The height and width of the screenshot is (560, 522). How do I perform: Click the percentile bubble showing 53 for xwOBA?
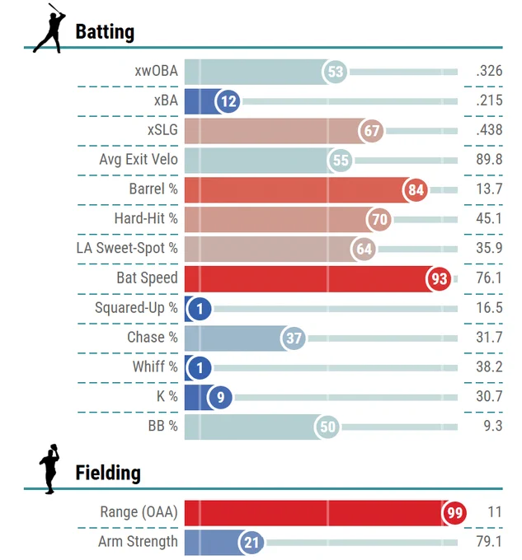pyautogui.click(x=335, y=72)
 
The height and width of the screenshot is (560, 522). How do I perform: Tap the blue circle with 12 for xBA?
pyautogui.click(x=228, y=101)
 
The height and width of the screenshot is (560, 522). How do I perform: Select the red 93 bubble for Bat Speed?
pyautogui.click(x=439, y=278)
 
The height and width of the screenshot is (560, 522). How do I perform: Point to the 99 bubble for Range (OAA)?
pyautogui.click(x=454, y=512)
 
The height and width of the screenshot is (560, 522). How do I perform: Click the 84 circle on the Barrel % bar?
pyautogui.click(x=415, y=189)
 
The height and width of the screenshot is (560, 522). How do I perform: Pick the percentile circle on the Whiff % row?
pyautogui.click(x=199, y=367)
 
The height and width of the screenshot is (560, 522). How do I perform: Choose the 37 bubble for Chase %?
pyautogui.click(x=294, y=338)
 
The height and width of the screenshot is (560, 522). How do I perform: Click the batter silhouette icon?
pyautogui.click(x=49, y=28)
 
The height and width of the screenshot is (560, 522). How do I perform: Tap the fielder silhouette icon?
pyautogui.click(x=49, y=469)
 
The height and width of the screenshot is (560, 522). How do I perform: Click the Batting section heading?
pyautogui.click(x=105, y=32)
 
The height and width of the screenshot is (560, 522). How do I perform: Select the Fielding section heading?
pyautogui.click(x=108, y=473)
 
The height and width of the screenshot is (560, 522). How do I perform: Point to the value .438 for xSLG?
pyautogui.click(x=489, y=129)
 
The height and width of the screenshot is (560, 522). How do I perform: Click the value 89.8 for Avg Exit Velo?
pyautogui.click(x=489, y=159)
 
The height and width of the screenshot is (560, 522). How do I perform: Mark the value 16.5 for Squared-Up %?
pyautogui.click(x=489, y=307)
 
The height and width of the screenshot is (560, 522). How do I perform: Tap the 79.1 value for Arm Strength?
pyautogui.click(x=489, y=541)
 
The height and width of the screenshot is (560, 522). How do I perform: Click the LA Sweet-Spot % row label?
pyautogui.click(x=127, y=248)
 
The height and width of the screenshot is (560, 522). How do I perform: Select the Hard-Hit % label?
pyautogui.click(x=146, y=218)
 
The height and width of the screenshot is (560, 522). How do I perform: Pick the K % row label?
pyautogui.click(x=167, y=396)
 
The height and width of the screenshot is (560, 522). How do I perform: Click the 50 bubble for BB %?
pyautogui.click(x=327, y=427)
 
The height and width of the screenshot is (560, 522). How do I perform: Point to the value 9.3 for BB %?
pyautogui.click(x=492, y=426)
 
